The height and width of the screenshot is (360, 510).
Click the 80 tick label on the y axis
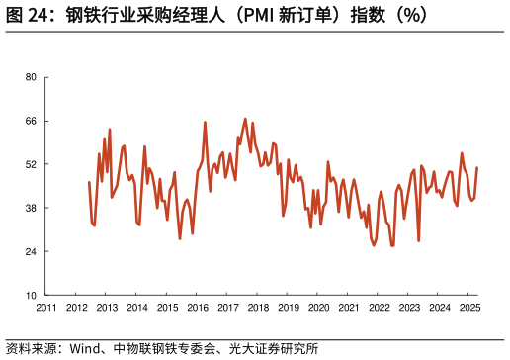(x=30, y=77)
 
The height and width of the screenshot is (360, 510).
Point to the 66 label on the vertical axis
(x=30, y=121)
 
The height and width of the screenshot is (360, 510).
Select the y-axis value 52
(x=30, y=164)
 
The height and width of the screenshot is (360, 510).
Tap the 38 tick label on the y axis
(x=30, y=208)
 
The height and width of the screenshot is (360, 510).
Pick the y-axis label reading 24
(x=30, y=251)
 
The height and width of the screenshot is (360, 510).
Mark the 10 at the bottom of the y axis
(x=30, y=295)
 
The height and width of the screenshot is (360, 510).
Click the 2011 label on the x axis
(x=46, y=308)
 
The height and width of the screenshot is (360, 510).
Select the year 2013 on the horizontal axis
(x=107, y=308)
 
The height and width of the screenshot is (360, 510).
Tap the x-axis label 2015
(x=167, y=308)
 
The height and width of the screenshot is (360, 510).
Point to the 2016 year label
(x=198, y=308)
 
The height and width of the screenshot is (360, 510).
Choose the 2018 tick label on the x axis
(x=258, y=308)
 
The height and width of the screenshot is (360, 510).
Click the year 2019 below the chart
(x=289, y=308)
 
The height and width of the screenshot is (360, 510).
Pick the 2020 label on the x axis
(x=318, y=308)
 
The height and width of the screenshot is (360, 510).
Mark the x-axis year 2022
(x=379, y=308)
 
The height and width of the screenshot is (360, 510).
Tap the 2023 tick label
(x=409, y=308)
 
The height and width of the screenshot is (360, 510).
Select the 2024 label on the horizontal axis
(x=439, y=308)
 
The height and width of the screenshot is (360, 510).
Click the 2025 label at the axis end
(x=469, y=308)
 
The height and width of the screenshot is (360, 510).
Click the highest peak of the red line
(x=245, y=119)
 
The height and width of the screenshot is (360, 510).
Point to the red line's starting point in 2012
(x=89, y=182)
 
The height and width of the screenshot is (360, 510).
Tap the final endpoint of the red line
(x=477, y=168)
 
